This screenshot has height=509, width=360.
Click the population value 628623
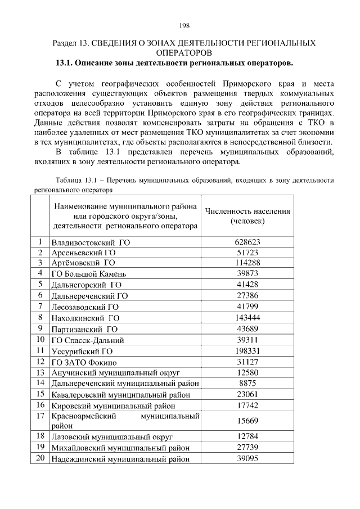point(247,242)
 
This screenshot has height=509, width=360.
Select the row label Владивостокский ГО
point(91,242)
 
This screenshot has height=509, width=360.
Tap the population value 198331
point(247,351)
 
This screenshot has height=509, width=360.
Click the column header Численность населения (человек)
point(247,216)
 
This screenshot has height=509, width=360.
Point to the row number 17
point(40,416)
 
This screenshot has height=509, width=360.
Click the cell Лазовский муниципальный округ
point(111,437)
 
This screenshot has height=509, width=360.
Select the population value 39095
point(247,458)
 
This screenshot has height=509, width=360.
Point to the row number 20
point(40,458)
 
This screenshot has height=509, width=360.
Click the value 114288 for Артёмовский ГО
point(247,263)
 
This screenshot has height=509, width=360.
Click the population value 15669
point(247,421)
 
